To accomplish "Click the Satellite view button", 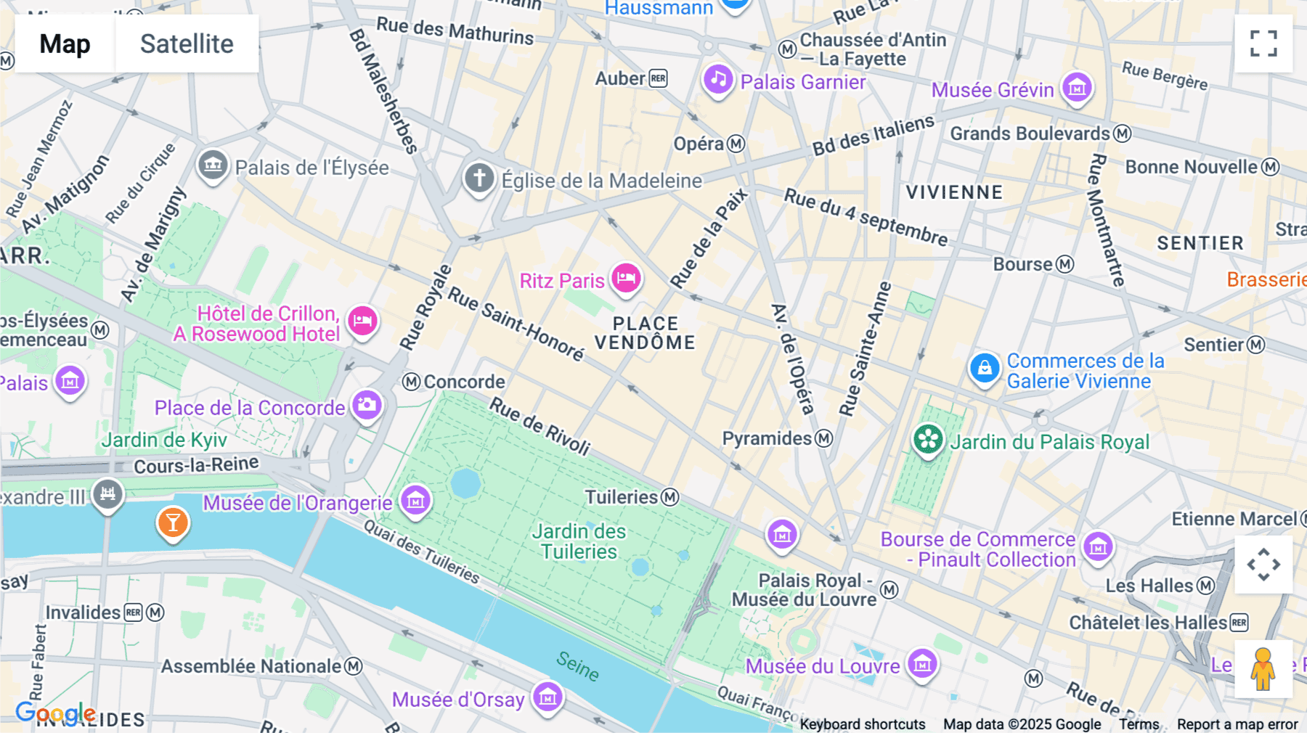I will (187, 44).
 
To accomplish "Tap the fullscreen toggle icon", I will (1263, 44).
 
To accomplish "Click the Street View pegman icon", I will (1263, 669).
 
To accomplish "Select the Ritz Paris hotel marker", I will (626, 278).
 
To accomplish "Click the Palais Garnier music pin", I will (718, 79).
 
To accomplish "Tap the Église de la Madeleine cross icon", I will (479, 178).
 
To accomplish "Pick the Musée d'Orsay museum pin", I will (547, 697).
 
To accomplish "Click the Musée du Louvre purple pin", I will (923, 663).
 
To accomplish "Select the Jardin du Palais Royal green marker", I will (928, 439).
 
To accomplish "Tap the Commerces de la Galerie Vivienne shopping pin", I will (985, 368).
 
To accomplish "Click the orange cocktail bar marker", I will (173, 523).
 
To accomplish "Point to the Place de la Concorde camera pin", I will (367, 405).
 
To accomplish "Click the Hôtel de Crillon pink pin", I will (362, 321).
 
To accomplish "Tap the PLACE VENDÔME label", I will (645, 333).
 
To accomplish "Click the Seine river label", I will (578, 666).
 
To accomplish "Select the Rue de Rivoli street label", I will (540, 425).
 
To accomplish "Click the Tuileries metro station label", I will (622, 497).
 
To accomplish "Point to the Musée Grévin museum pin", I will (1077, 88).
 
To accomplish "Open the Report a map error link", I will (1237, 724).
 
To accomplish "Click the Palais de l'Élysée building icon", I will (213, 165).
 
